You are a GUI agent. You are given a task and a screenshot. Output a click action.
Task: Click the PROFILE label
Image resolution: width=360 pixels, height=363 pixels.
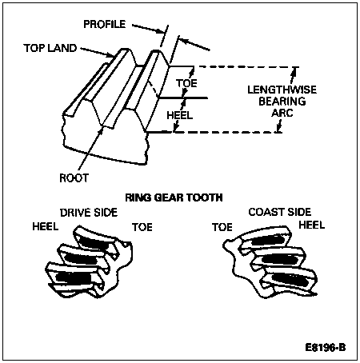tap(105, 24)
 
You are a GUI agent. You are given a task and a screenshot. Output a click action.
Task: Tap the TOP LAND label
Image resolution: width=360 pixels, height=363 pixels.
tap(50, 48)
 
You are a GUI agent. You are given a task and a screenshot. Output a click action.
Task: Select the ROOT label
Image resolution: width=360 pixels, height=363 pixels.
tap(74, 178)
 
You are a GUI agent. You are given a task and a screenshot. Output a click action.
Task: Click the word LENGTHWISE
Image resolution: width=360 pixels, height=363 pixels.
tap(282, 90)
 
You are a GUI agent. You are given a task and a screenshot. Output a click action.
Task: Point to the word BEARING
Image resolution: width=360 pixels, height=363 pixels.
tap(282, 102)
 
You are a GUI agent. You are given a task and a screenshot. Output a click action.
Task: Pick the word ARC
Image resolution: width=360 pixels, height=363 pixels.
tap(282, 113)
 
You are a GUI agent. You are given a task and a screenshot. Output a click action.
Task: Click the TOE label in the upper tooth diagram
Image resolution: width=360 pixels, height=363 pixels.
tap(186, 83)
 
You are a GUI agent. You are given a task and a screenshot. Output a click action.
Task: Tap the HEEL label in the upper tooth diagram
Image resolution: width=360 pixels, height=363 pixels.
tap(180, 115)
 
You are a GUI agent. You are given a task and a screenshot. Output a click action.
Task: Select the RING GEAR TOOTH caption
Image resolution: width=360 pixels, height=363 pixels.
tap(174, 197)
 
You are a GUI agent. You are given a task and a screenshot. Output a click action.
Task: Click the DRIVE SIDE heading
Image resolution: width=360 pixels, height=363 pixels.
tap(89, 213)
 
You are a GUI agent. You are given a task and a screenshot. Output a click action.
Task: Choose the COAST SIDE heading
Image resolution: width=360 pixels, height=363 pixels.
tap(280, 212)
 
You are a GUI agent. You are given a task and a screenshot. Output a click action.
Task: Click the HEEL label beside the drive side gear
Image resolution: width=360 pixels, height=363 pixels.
tap(46, 226)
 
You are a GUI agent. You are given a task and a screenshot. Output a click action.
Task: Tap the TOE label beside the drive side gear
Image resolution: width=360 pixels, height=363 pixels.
tap(142, 227)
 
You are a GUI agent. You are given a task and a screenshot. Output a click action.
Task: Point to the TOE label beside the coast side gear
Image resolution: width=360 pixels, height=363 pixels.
tap(222, 227)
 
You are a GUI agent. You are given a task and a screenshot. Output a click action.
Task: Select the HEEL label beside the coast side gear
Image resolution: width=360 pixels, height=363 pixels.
tap(312, 225)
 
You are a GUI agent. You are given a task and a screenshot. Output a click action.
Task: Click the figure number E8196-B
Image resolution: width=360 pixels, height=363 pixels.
tap(326, 348)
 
